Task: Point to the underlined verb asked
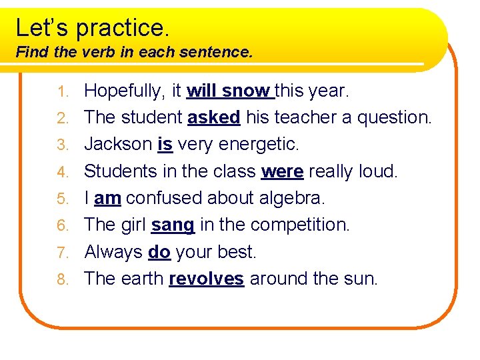(213, 117)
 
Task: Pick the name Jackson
(118, 144)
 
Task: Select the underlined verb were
(283, 171)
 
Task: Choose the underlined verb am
(107, 198)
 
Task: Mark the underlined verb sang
(173, 225)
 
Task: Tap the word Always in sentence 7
(113, 252)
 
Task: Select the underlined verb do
(159, 252)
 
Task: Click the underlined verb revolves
(206, 279)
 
